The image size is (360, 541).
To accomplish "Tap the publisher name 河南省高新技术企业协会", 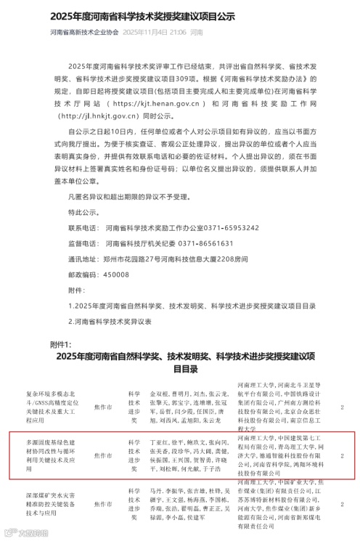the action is coord(83,33).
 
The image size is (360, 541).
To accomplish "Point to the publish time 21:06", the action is coord(179,33).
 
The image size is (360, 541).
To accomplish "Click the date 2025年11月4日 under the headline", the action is coord(144,33).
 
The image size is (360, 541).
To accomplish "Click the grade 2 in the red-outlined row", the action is coord(343,455).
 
